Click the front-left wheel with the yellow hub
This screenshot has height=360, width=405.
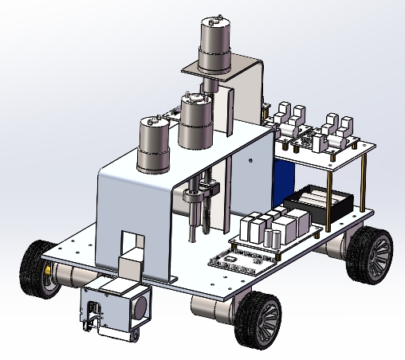coord(36,266)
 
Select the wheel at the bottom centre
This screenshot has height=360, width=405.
coord(261,318)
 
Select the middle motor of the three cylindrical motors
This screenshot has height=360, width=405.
coord(195,121)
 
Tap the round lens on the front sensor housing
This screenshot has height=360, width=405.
coord(143,304)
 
